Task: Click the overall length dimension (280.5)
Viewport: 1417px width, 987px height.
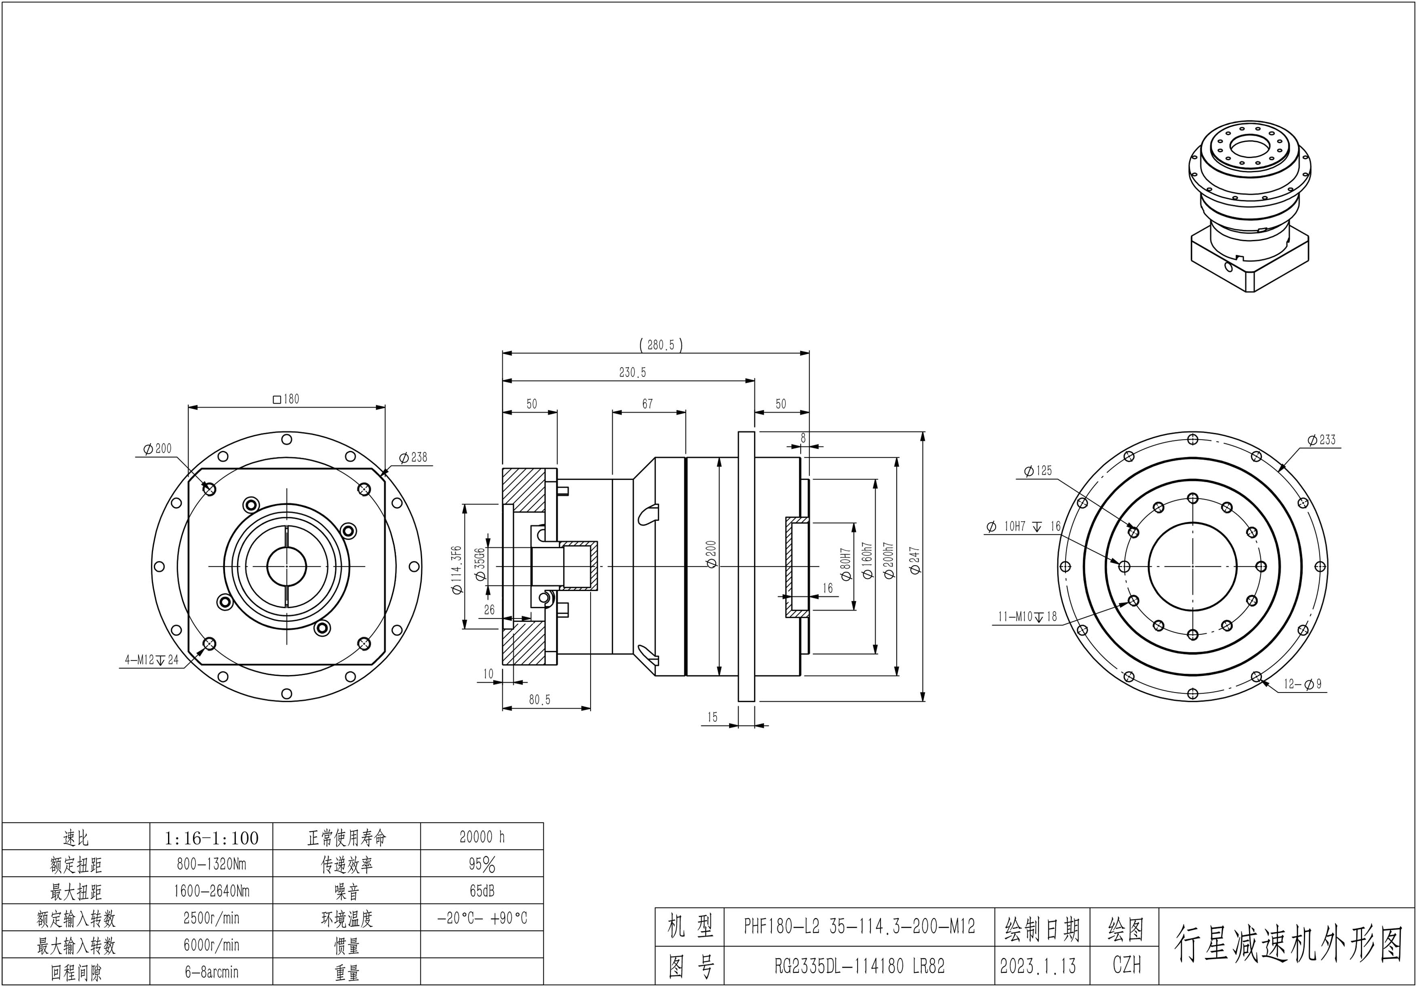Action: pos(660,345)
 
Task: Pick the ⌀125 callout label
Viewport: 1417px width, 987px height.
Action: pos(1038,471)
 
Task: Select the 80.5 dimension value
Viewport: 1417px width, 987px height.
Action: pos(539,700)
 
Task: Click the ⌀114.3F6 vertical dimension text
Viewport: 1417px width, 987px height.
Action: pos(457,570)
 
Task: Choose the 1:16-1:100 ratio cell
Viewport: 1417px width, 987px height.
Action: pos(211,838)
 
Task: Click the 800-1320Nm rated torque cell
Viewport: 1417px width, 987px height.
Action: pos(211,864)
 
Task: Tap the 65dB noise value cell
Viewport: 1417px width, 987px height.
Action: pos(482,891)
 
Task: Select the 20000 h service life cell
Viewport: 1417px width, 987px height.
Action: pos(482,837)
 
